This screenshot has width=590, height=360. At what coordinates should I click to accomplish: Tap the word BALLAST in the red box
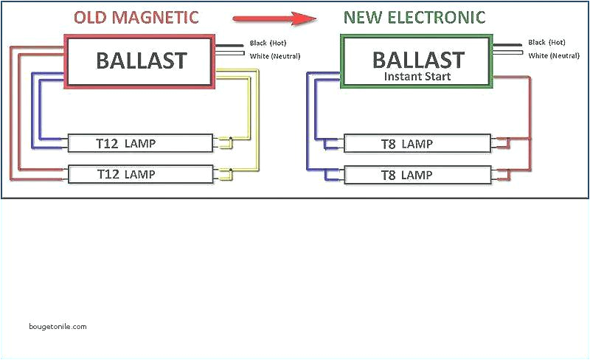click(141, 60)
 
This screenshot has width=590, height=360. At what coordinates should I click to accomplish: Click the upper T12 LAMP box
click(141, 142)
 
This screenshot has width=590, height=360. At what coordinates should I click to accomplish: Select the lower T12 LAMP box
click(141, 174)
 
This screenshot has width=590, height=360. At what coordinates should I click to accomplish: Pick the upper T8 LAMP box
click(417, 143)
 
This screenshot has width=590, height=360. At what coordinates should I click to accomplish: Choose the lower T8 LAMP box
click(417, 176)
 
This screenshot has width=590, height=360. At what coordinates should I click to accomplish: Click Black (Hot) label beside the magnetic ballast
click(268, 44)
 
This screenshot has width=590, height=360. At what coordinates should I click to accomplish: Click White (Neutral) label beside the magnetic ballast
click(274, 56)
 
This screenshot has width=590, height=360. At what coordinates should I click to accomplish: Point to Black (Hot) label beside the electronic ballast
click(546, 44)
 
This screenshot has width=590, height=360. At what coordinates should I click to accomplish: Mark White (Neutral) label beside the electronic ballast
click(552, 56)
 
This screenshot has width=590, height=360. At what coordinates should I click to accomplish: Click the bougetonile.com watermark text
click(58, 326)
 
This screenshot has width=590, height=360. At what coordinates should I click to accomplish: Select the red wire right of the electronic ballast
click(529, 111)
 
